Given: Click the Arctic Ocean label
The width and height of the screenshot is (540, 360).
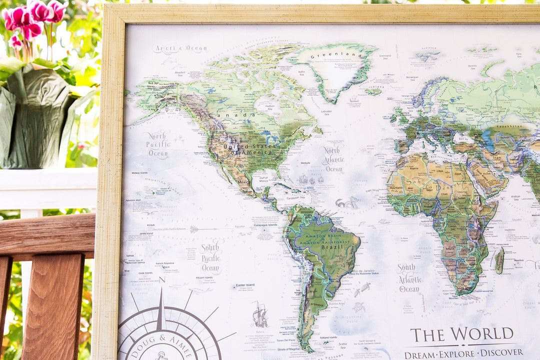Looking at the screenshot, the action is point(179,49).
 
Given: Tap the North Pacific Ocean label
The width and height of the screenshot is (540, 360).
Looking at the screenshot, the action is point(158,144).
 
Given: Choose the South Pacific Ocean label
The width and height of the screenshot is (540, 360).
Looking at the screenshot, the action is point(211,256).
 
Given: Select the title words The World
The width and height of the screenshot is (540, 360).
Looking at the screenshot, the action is point(462,334).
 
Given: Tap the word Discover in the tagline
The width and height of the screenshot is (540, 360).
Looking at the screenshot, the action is point(500,353).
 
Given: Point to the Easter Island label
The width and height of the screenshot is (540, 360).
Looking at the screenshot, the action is point(245,285).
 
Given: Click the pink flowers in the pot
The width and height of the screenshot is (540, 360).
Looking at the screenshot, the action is point(32,20).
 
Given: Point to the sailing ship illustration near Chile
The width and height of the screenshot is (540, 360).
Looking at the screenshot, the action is point(259,315).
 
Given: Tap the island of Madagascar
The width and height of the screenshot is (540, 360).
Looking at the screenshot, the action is point(499,261).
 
